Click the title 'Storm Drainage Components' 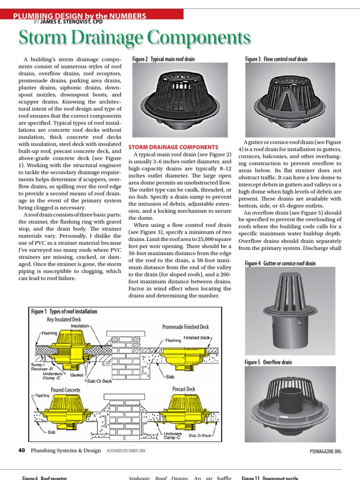pyautogui.click(x=134, y=38)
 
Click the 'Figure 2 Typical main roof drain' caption pyautogui.click(x=163, y=60)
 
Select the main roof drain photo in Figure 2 pyautogui.click(x=180, y=98)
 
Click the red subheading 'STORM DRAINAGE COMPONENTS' pyautogui.click(x=173, y=147)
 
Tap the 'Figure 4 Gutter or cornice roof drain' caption pyautogui.click(x=280, y=264)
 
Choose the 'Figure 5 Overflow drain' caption pyautogui.click(x=268, y=362)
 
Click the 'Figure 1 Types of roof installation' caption pyautogui.click(x=64, y=311)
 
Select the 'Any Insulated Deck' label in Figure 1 pyautogui.click(x=63, y=319)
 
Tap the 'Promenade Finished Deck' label pyautogui.click(x=185, y=327)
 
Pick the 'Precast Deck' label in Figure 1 pyautogui.click(x=184, y=389)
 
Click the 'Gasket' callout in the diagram pyautogui.click(x=76, y=375)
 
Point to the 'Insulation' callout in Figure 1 pyautogui.click(x=80, y=325)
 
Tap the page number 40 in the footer pyautogui.click(x=22, y=450)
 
